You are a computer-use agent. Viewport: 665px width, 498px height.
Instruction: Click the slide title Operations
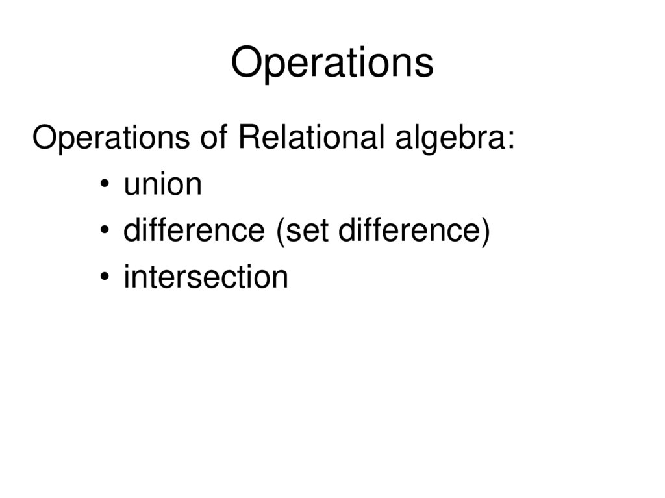tap(332, 64)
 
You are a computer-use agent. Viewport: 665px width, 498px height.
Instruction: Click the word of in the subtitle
tap(214, 138)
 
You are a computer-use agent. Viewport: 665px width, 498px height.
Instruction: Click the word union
tap(162, 184)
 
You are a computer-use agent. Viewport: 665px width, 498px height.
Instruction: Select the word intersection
tap(205, 277)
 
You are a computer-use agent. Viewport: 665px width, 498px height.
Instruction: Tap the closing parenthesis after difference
tap(484, 232)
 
